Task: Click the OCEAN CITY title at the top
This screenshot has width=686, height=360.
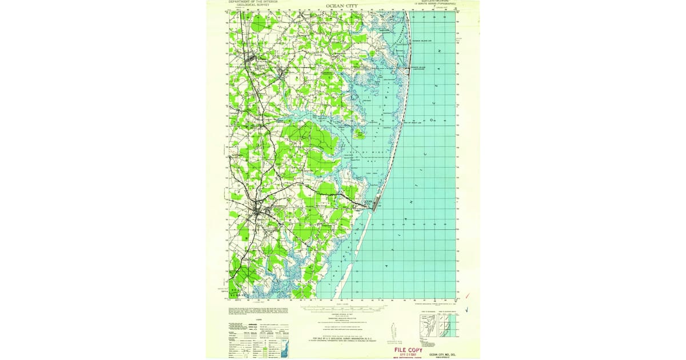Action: point(342,7)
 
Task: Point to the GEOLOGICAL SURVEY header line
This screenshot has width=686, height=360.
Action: point(252,5)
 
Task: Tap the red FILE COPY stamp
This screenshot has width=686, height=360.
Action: point(408,350)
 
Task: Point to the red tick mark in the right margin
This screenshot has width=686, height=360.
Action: point(468,295)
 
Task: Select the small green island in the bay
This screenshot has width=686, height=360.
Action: point(358,135)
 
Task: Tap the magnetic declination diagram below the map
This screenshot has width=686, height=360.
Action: point(392,331)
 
